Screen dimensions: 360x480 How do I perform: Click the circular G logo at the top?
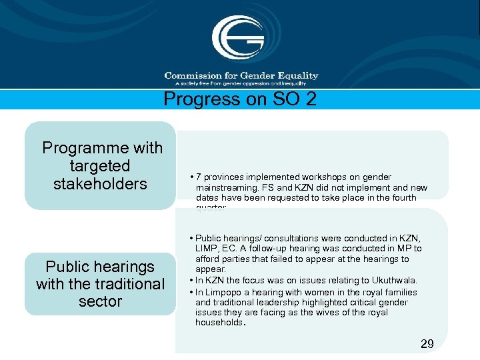238,37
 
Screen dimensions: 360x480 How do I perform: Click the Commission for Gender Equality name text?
241,75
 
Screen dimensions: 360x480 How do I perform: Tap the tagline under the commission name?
241,83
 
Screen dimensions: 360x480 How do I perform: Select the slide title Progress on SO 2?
240,99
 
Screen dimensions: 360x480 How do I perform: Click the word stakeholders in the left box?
100,183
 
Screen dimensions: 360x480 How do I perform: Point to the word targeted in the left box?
100,165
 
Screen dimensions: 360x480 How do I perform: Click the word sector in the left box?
100,301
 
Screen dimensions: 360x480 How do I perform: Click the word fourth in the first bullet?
403,198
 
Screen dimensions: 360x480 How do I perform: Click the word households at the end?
220,323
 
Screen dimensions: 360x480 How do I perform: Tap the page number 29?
427,344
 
